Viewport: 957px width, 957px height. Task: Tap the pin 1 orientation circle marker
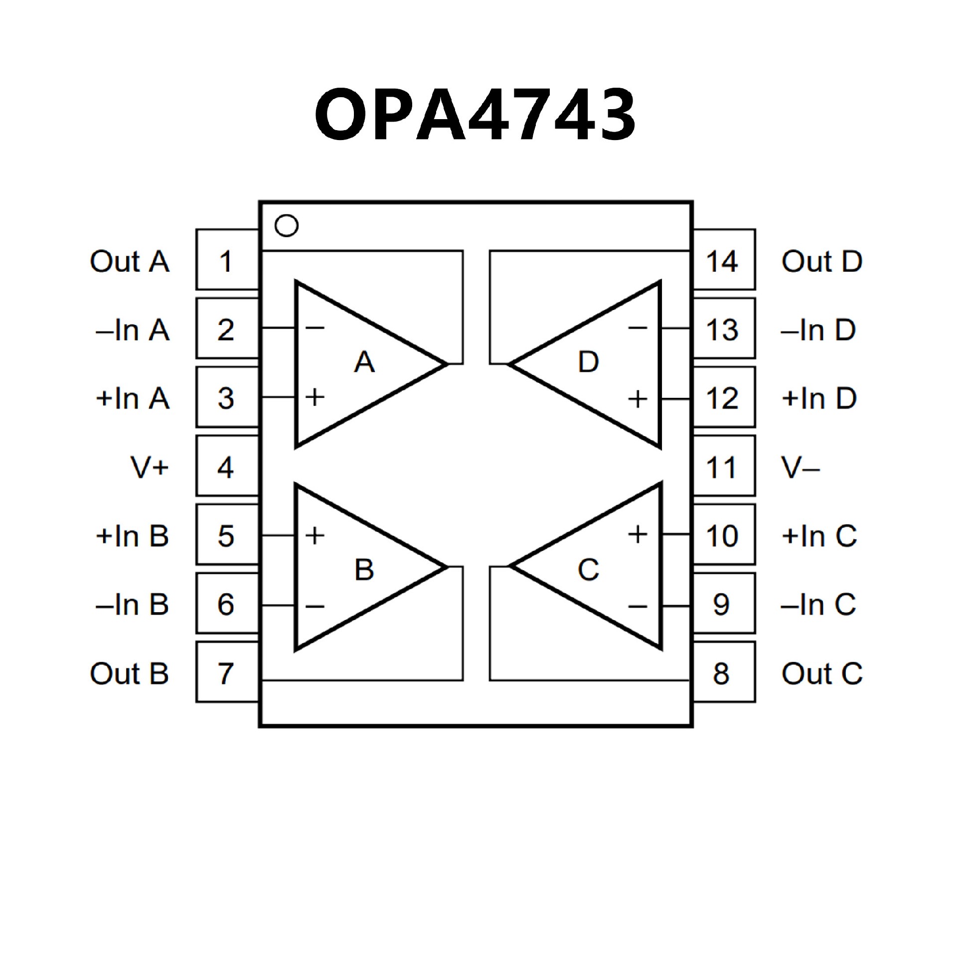coord(287,225)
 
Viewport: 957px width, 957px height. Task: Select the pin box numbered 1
coord(227,260)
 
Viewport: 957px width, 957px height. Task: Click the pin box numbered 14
coord(724,260)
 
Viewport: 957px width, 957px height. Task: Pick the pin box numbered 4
coord(227,466)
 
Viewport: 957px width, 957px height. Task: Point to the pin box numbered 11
coord(724,466)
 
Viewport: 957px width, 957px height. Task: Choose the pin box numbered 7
coord(227,672)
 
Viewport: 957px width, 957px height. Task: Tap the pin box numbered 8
coord(724,672)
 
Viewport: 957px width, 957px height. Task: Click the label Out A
coord(130,261)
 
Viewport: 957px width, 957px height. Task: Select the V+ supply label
coord(150,467)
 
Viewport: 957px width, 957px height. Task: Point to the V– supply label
coord(800,467)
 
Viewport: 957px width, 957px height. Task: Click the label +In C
coord(819,536)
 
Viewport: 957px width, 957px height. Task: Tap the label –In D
coord(818,329)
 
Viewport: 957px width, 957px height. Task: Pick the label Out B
coord(130,673)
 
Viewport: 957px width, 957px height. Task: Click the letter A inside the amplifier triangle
coord(364,362)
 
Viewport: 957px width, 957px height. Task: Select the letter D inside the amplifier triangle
coord(588,362)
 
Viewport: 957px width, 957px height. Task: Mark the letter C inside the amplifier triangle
coord(588,569)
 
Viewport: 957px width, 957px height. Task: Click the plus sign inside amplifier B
coord(315,535)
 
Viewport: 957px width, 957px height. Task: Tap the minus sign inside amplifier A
coord(315,327)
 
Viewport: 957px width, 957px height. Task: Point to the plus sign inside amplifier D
coord(638,399)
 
